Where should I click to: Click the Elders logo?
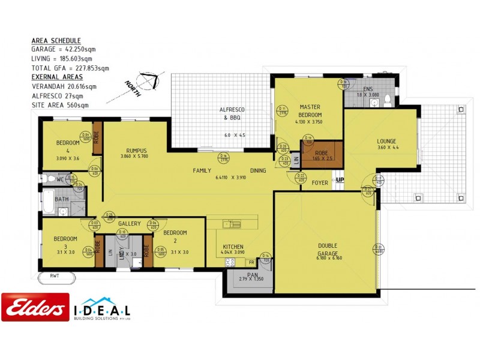[35, 307]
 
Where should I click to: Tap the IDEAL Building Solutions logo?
[102, 310]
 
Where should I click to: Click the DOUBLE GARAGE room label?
[327, 250]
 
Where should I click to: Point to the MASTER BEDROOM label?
[310, 111]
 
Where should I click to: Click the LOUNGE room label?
[387, 142]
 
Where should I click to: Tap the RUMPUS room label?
[137, 151]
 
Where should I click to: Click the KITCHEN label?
[233, 247]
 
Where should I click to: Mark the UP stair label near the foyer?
[340, 180]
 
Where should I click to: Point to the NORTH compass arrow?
[147, 80]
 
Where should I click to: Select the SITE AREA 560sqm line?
[60, 104]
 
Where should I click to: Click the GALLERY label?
[129, 224]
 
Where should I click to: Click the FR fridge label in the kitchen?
[250, 262]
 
